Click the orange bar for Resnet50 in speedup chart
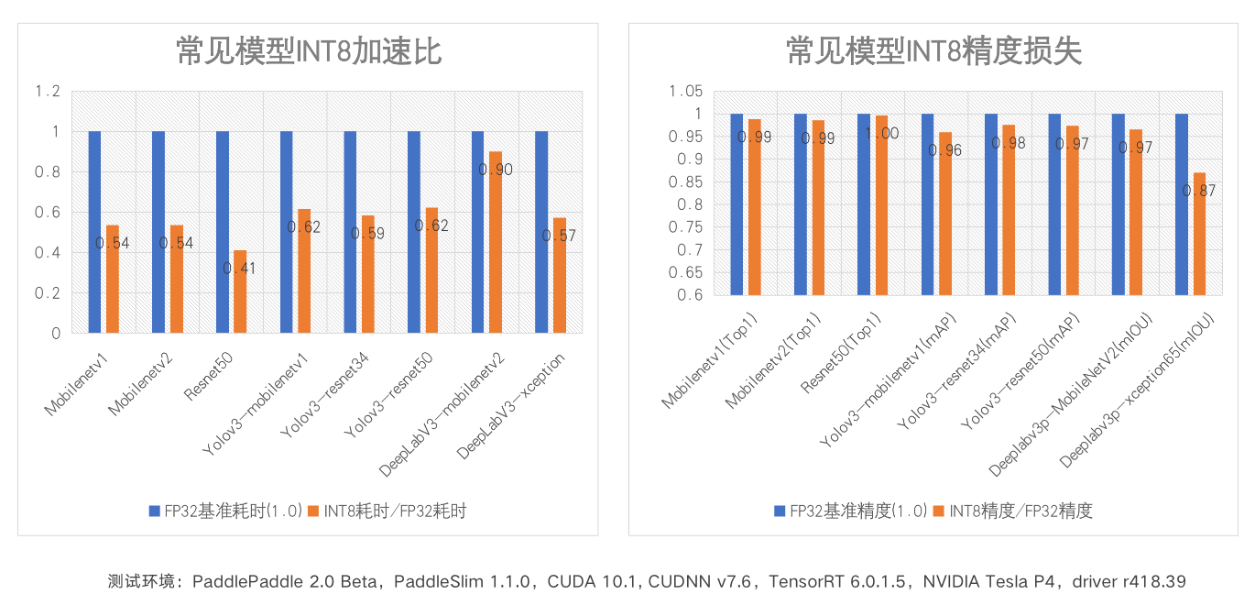(x=240, y=291)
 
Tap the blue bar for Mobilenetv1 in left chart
(x=94, y=232)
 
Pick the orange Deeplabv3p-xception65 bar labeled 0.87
(x=1199, y=234)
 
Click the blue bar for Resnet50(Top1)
(x=864, y=203)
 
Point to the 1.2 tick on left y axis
(x=47, y=92)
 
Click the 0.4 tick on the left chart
(x=47, y=253)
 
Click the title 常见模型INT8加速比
(x=309, y=52)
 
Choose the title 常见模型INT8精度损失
(x=933, y=52)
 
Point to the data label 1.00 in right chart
(x=883, y=134)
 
